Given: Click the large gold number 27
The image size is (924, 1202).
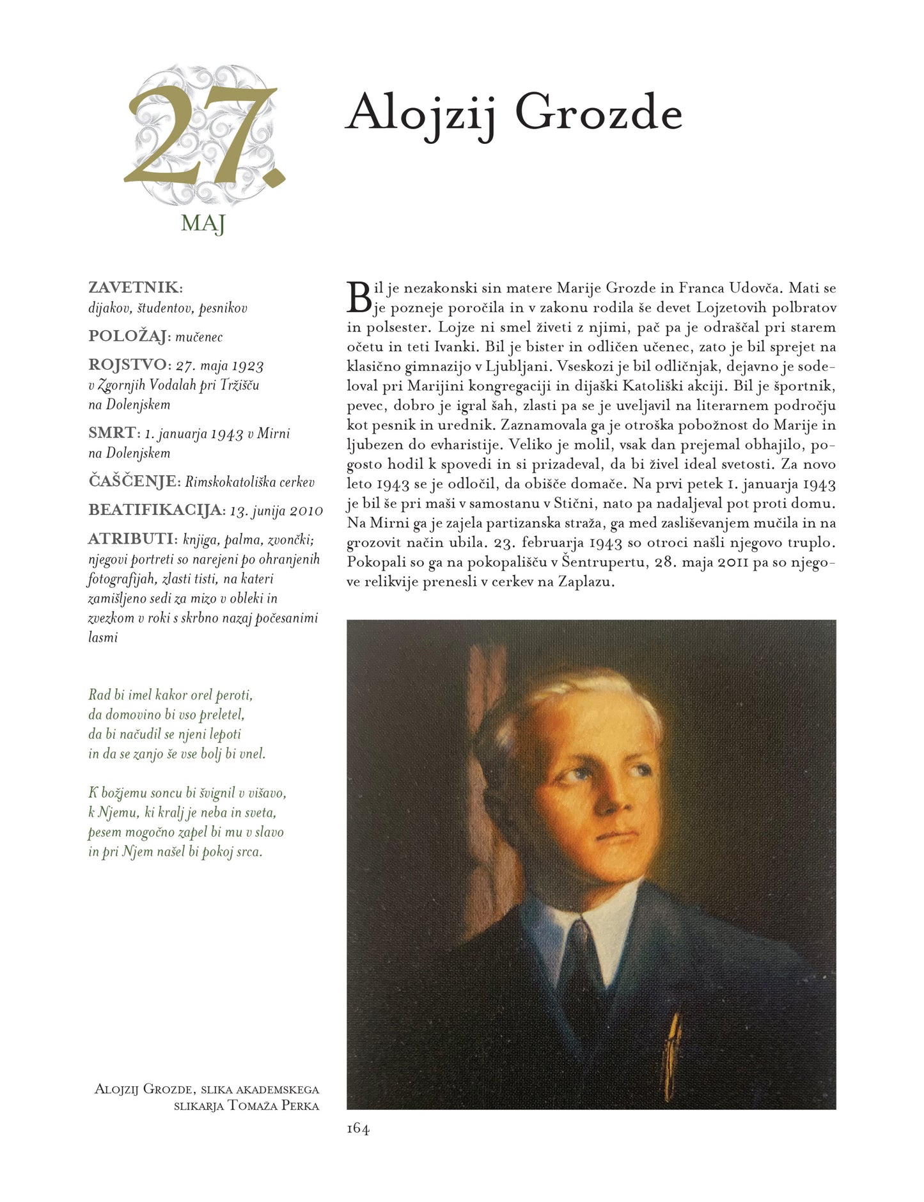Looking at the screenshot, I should pos(203,136).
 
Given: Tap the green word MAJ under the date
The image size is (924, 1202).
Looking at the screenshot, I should pos(203,223).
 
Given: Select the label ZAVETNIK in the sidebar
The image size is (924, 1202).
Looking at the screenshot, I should pos(134,288).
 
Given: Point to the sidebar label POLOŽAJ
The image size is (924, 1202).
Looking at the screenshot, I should pos(129,336).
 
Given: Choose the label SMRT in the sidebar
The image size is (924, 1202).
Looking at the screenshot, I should pos(113,433).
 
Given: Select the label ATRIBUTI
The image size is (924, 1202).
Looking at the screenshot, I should pos(131,539).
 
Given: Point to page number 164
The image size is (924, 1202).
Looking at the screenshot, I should pos(358,1128).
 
